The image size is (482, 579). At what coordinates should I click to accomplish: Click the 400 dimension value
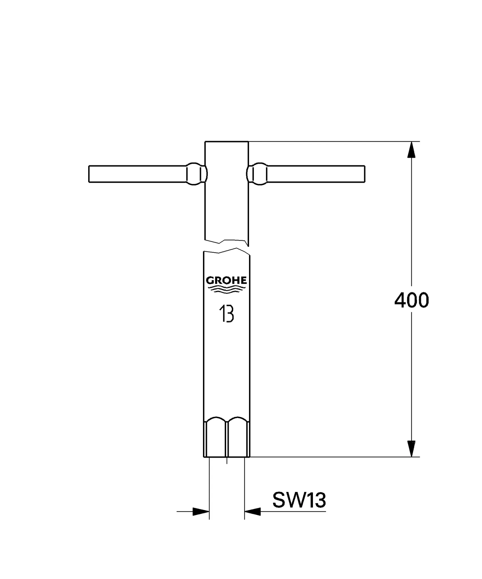(411, 300)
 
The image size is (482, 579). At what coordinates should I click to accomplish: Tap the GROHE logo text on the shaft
(226, 280)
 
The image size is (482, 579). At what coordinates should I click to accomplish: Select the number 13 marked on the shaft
(226, 314)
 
